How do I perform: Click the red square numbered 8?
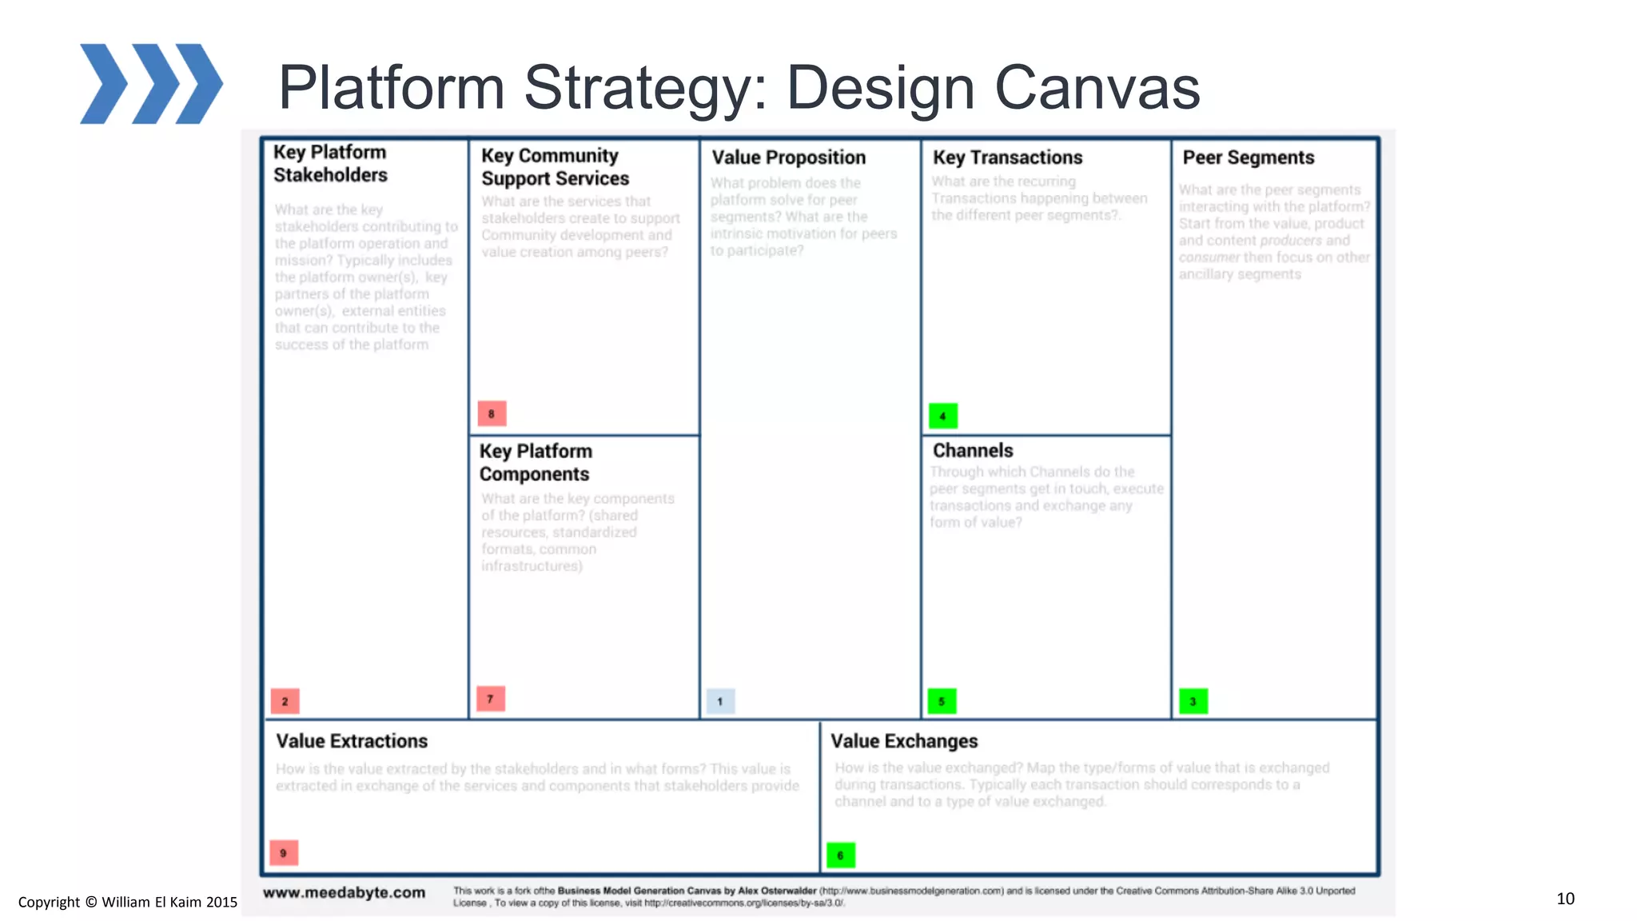tap(492, 413)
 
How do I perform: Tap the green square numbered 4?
tap(943, 416)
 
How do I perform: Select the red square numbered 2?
tap(285, 701)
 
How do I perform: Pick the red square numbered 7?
tap(490, 699)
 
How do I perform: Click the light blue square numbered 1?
tap(720, 701)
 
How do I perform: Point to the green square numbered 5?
tap(942, 701)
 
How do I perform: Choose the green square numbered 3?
tap(1193, 701)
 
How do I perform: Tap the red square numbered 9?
tap(283, 853)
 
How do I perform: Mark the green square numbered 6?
tap(840, 855)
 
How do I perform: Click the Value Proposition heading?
tap(788, 157)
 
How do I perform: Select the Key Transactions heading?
tap(1007, 157)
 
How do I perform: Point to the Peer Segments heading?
tap(1248, 157)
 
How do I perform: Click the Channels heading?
tap(973, 451)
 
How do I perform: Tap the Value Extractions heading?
tap(352, 741)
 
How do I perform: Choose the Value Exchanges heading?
tap(904, 741)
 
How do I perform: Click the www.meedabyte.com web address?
tap(344, 892)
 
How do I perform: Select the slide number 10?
tap(1565, 899)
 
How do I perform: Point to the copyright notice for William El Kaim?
tap(128, 902)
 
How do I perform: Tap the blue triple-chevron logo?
tap(151, 84)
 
